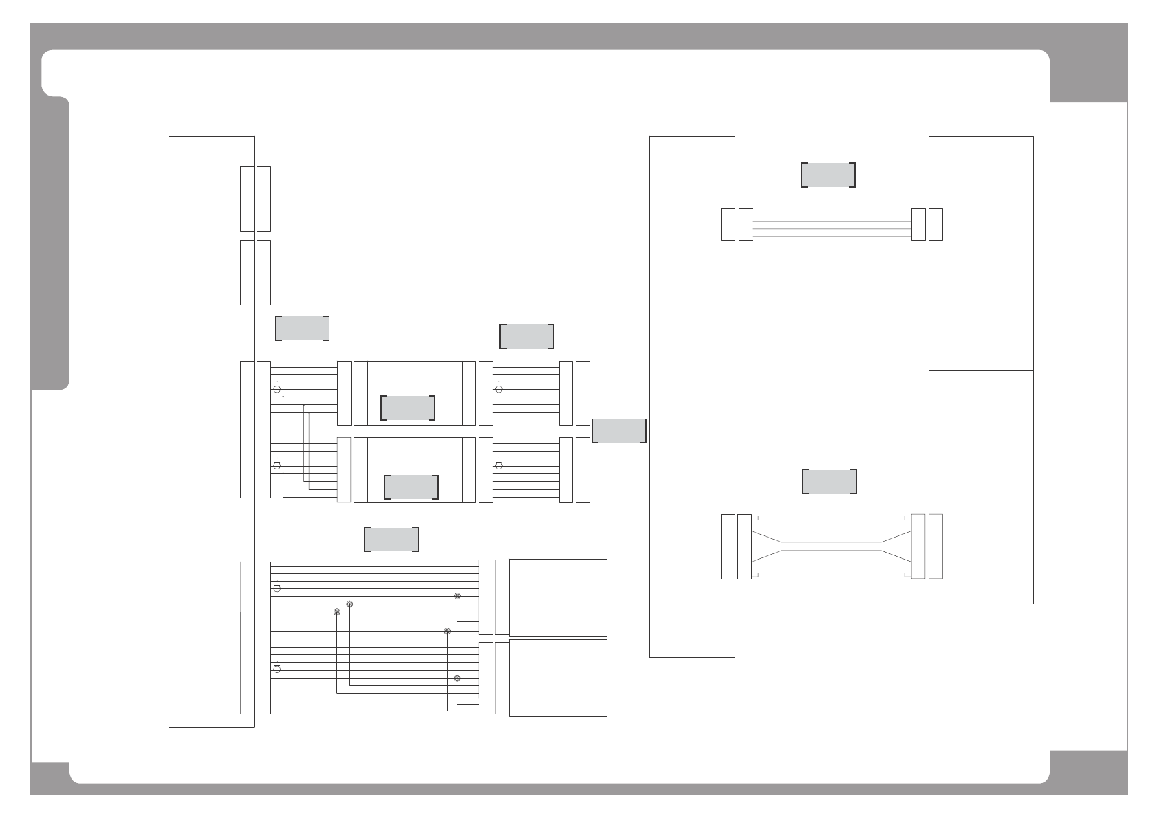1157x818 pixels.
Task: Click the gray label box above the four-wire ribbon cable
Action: pos(828,175)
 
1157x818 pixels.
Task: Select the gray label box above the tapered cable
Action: pos(830,482)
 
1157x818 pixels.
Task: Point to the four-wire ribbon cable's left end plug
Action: pos(746,224)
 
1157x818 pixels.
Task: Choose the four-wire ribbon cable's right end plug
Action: pos(918,224)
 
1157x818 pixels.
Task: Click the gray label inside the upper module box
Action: pos(408,408)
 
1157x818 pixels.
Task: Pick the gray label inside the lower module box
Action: pos(411,487)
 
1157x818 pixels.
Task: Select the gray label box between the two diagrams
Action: pos(619,430)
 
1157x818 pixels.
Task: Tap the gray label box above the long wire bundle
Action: pos(391,539)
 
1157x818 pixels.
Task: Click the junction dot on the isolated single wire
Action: pos(447,631)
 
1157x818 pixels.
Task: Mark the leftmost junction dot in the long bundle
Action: pos(336,612)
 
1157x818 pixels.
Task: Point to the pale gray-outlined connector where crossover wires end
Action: pos(344,469)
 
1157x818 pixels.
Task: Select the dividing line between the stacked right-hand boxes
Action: pos(981,370)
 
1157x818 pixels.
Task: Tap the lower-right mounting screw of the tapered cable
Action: pos(908,575)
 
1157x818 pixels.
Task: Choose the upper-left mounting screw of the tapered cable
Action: pos(755,518)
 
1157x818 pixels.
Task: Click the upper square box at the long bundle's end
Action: pos(558,597)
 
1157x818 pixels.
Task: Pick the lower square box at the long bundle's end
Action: pos(558,678)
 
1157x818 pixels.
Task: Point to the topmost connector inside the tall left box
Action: pos(247,199)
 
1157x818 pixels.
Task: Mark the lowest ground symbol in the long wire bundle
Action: pos(277,667)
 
